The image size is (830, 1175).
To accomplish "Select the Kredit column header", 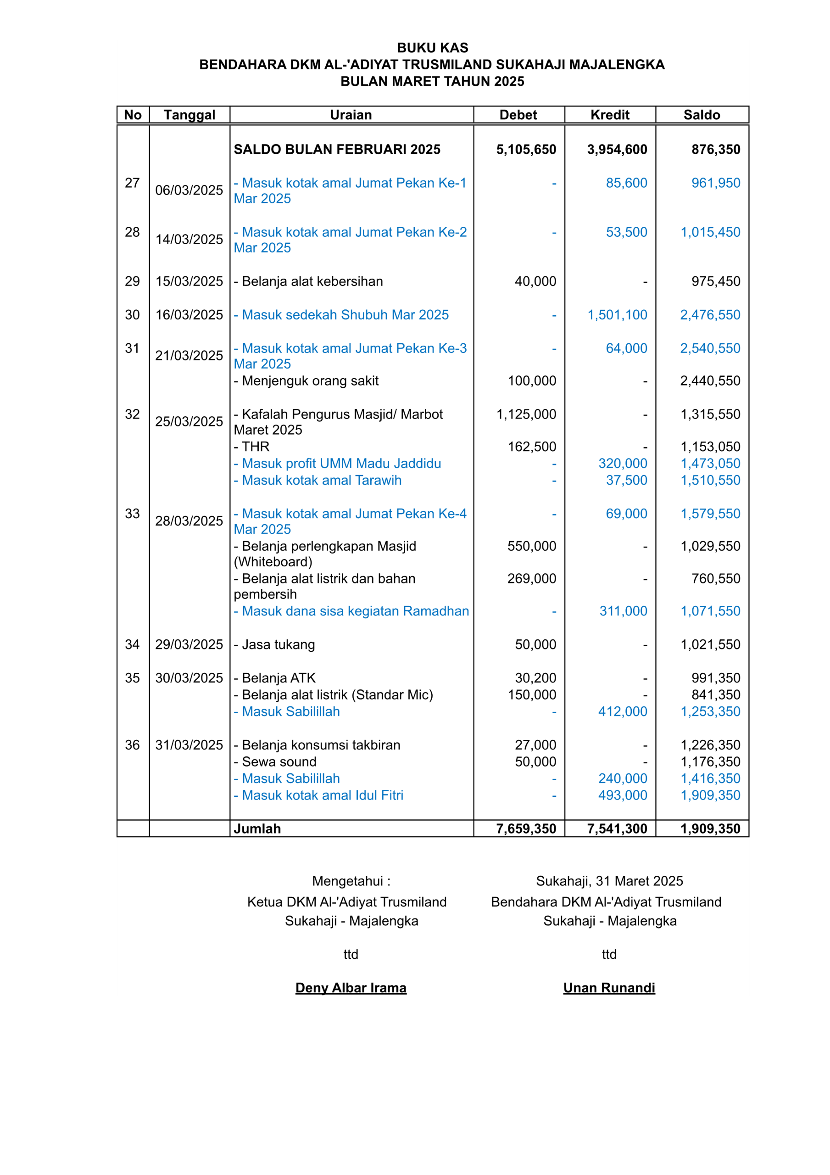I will click(x=609, y=115).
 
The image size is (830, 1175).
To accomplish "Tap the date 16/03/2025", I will click(x=189, y=315).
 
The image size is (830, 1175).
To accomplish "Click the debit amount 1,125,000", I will click(x=526, y=414).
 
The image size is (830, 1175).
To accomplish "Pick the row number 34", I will click(x=132, y=644).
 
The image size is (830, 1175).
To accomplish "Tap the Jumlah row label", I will click(x=257, y=828).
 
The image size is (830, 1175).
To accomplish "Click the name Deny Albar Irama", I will click(x=351, y=988).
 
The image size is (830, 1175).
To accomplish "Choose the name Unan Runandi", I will click(x=609, y=988).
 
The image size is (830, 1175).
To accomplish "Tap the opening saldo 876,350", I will click(x=715, y=150).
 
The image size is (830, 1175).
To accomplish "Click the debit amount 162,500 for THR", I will click(x=532, y=447).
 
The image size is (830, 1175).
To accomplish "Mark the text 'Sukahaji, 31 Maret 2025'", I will click(x=609, y=881).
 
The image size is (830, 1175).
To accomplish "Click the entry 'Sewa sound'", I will click(x=275, y=761).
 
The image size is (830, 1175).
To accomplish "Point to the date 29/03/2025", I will click(x=189, y=644).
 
